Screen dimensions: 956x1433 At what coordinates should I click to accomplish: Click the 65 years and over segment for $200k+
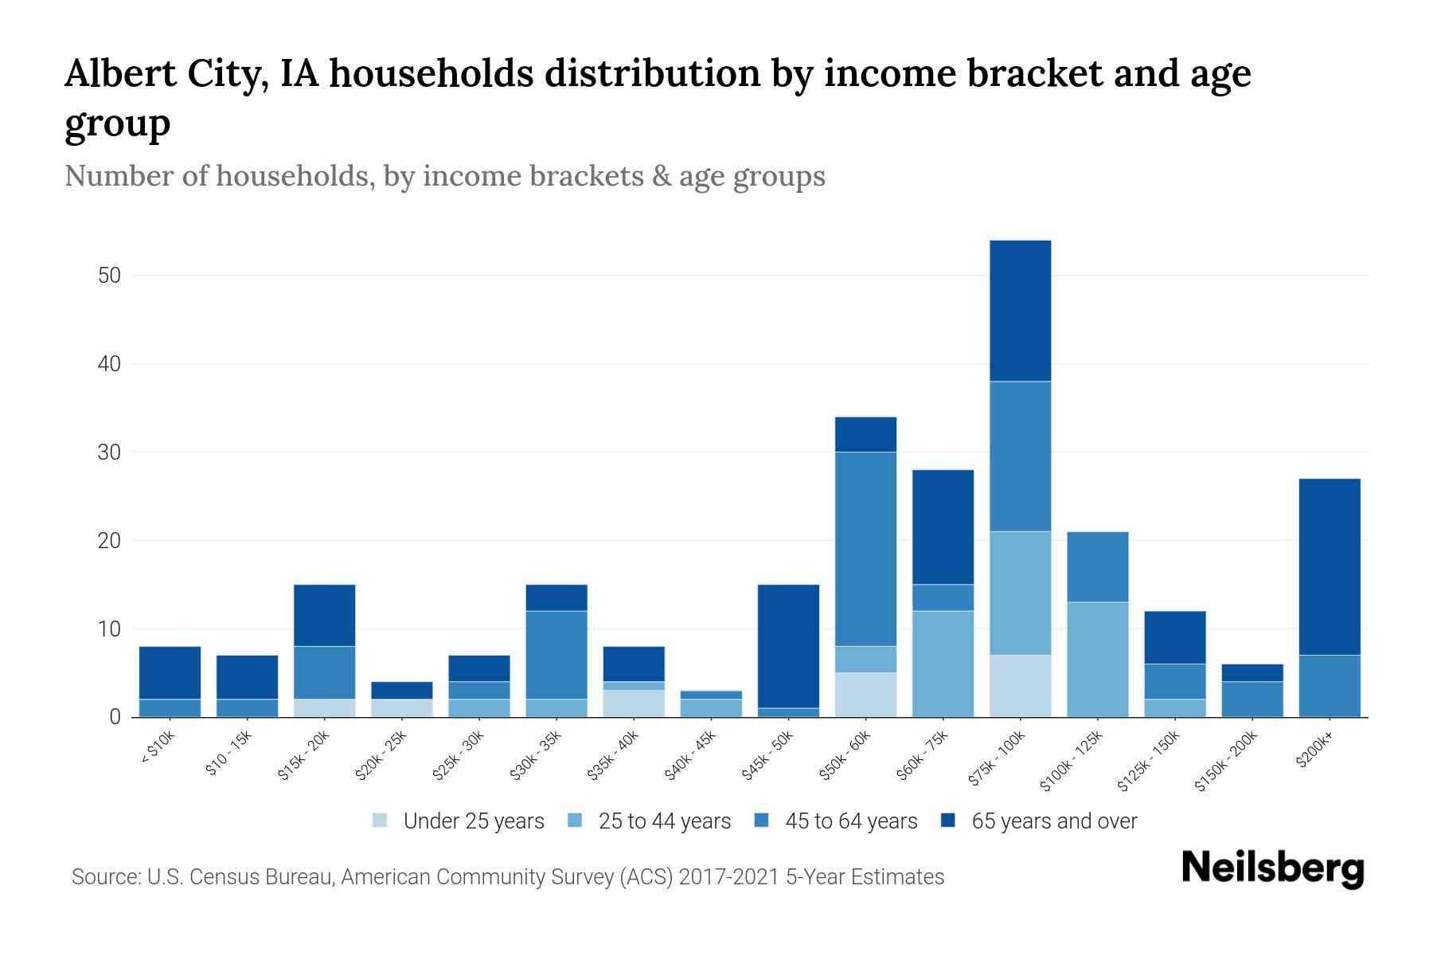click(x=1330, y=566)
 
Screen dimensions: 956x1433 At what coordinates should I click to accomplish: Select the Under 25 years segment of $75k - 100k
click(x=1020, y=686)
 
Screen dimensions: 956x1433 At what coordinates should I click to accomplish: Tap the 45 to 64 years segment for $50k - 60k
click(x=865, y=549)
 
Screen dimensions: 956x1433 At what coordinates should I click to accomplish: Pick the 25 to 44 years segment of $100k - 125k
click(x=1097, y=660)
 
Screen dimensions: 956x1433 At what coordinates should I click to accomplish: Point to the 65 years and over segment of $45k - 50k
click(x=788, y=646)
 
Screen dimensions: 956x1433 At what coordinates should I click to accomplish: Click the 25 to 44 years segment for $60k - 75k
click(x=943, y=664)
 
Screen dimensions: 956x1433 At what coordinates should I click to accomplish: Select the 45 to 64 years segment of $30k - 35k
click(x=556, y=655)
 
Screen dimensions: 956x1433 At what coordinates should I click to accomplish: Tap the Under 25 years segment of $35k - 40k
click(x=634, y=703)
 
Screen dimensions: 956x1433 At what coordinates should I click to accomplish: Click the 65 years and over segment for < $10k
click(x=170, y=672)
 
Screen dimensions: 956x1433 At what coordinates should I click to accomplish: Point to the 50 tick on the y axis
click(x=109, y=276)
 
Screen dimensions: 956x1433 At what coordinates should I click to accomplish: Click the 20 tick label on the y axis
click(x=109, y=541)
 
